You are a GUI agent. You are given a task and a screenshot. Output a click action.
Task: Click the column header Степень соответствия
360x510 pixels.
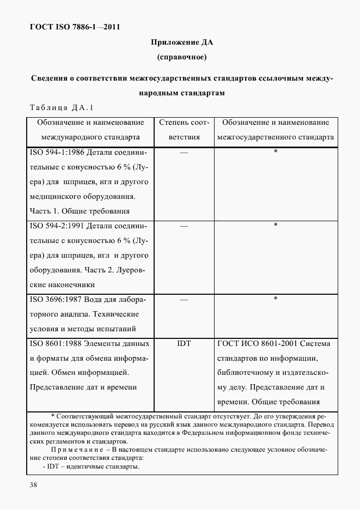(x=184, y=130)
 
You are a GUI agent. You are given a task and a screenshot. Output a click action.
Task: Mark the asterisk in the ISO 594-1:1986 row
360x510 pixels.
(x=276, y=151)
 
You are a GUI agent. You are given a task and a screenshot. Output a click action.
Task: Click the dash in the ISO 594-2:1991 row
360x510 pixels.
(x=184, y=226)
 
